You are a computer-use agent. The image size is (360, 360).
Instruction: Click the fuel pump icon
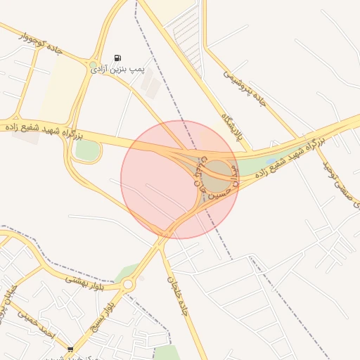tap(117, 58)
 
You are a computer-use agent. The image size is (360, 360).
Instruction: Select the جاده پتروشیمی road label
tap(246, 88)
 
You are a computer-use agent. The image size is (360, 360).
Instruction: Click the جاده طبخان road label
tap(177, 295)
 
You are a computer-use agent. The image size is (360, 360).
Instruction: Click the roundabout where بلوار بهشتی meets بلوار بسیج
tap(127, 285)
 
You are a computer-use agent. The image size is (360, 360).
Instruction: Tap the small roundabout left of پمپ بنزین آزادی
tap(93, 65)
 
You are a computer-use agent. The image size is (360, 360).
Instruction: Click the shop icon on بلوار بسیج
tap(70, 349)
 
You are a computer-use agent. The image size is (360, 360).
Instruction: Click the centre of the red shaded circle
tap(179, 179)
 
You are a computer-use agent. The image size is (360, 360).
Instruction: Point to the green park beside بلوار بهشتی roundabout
tap(127, 271)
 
